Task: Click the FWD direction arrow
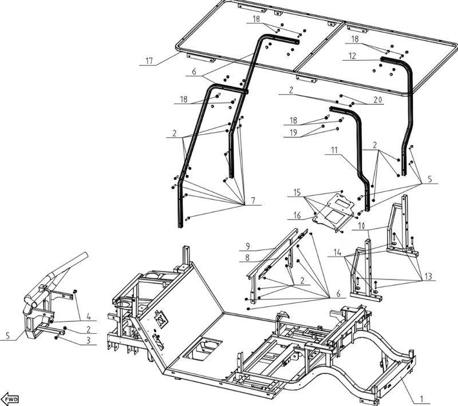[x=11, y=399]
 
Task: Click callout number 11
[x=334, y=150]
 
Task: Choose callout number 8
[x=248, y=258]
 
